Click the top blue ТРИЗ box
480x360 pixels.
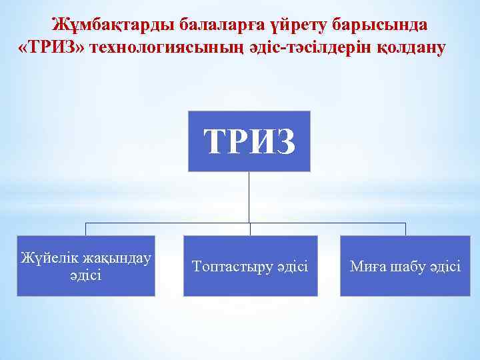(249, 141)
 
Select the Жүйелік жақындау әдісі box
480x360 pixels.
(85, 266)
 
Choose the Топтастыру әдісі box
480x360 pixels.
(250, 266)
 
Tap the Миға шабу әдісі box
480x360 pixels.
(405, 266)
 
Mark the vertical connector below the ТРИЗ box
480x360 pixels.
(249, 197)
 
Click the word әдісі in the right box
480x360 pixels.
(443, 267)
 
